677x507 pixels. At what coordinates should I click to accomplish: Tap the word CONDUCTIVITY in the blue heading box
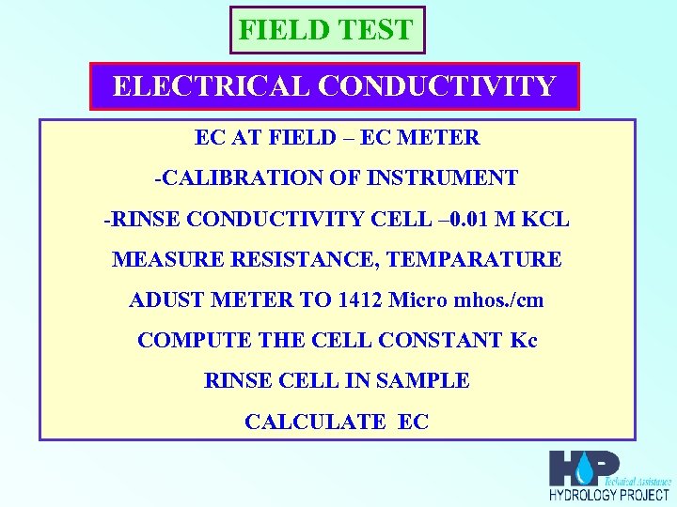[x=437, y=86]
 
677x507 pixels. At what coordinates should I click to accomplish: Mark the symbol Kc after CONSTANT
[x=524, y=341]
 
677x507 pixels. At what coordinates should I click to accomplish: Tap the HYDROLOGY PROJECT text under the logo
[x=609, y=495]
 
